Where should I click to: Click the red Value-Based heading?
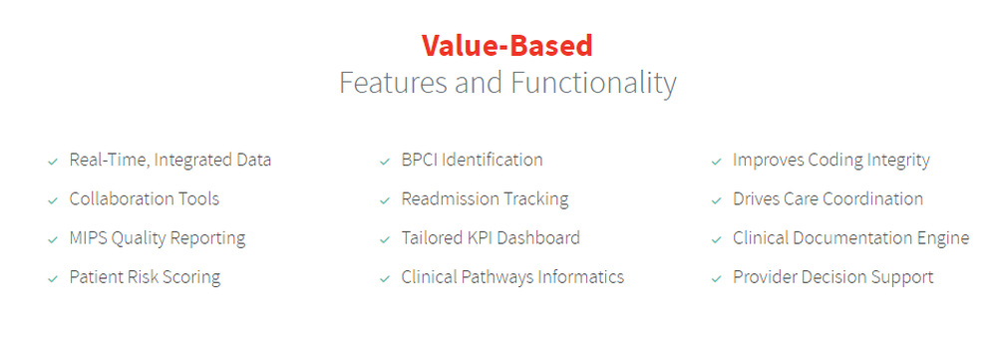tap(506, 46)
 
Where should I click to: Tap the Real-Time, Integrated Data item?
tap(170, 161)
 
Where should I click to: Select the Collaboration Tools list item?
tap(145, 199)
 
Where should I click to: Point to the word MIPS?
tap(88, 238)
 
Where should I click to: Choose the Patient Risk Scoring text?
tap(145, 278)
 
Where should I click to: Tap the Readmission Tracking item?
tap(485, 199)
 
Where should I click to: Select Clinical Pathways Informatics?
tap(512, 278)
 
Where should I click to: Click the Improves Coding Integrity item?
tap(831, 161)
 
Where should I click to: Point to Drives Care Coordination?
tap(828, 199)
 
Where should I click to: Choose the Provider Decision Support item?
tap(832, 278)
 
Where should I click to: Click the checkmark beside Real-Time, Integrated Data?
tap(53, 162)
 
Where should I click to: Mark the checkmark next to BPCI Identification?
tap(385, 162)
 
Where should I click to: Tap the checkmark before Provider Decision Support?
tap(717, 279)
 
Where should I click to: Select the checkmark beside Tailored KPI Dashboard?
tap(385, 239)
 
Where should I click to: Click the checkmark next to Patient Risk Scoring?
tap(53, 279)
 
